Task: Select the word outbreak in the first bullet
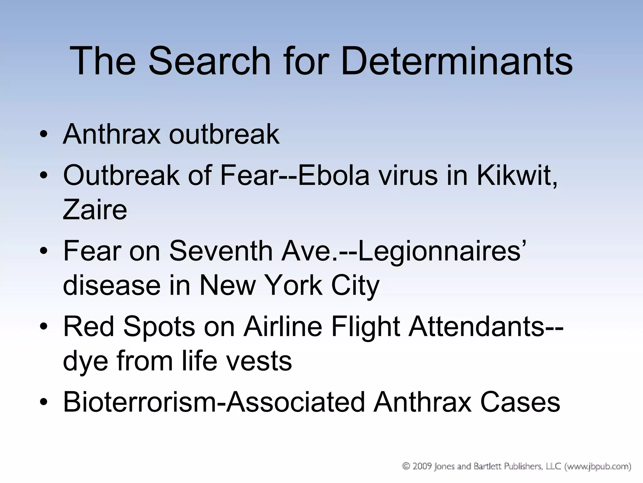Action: pos(224,134)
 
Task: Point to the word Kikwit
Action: pos(516,175)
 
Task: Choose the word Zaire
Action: pos(95,210)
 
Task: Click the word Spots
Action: pos(159,326)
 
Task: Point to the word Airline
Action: pos(283,326)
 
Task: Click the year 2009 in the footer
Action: pos(421,466)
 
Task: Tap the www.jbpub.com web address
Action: pos(598,466)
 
